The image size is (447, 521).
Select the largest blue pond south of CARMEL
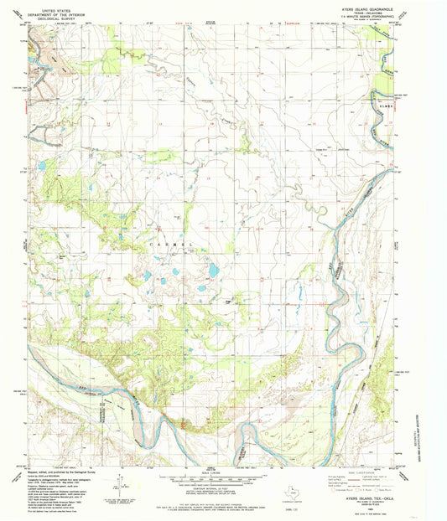click(x=214, y=270)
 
